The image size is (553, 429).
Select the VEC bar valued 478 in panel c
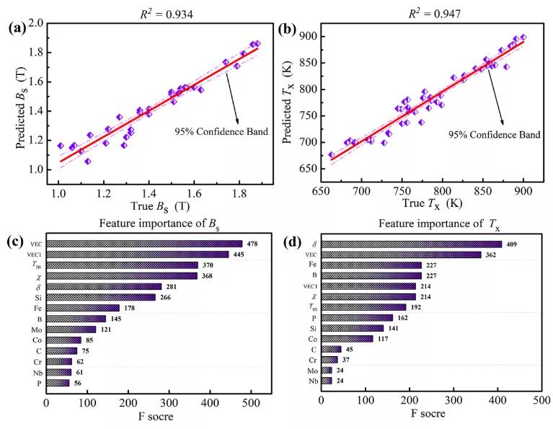coord(144,244)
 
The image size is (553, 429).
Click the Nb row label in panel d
coord(313,381)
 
